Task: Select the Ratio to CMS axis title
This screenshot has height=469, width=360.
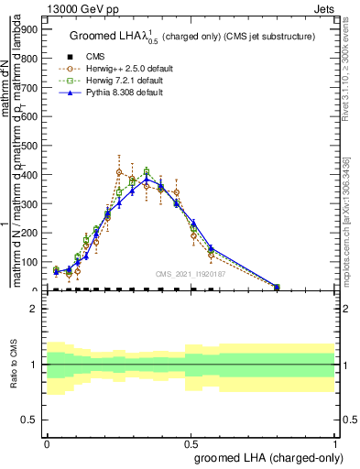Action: coord(13,365)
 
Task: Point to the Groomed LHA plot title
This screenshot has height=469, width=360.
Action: coord(198,37)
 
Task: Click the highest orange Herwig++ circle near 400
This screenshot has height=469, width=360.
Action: coord(119,172)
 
